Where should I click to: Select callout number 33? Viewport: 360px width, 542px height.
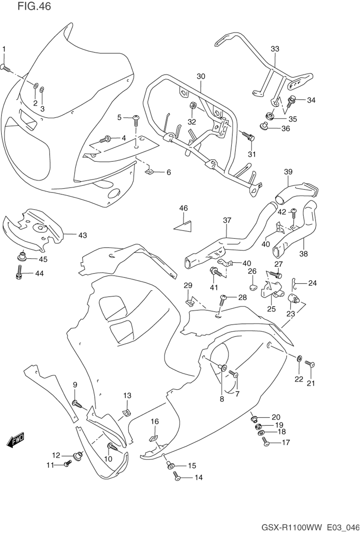[x=275, y=49]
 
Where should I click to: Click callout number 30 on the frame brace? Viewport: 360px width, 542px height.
[x=201, y=76]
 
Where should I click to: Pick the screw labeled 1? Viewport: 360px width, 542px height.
[x=6, y=67]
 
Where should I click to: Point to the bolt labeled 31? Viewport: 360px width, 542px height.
[x=248, y=136]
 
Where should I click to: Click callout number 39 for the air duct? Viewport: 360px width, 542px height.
[x=288, y=172]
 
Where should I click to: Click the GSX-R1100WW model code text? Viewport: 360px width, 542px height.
[x=292, y=528]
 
